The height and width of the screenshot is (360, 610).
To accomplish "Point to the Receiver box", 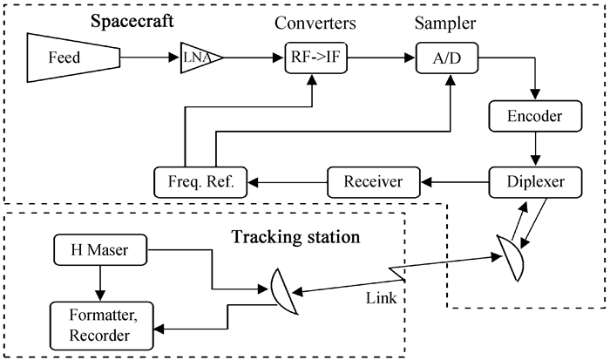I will coord(373,183).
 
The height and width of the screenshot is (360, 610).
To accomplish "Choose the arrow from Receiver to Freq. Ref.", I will coord(288,183).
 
